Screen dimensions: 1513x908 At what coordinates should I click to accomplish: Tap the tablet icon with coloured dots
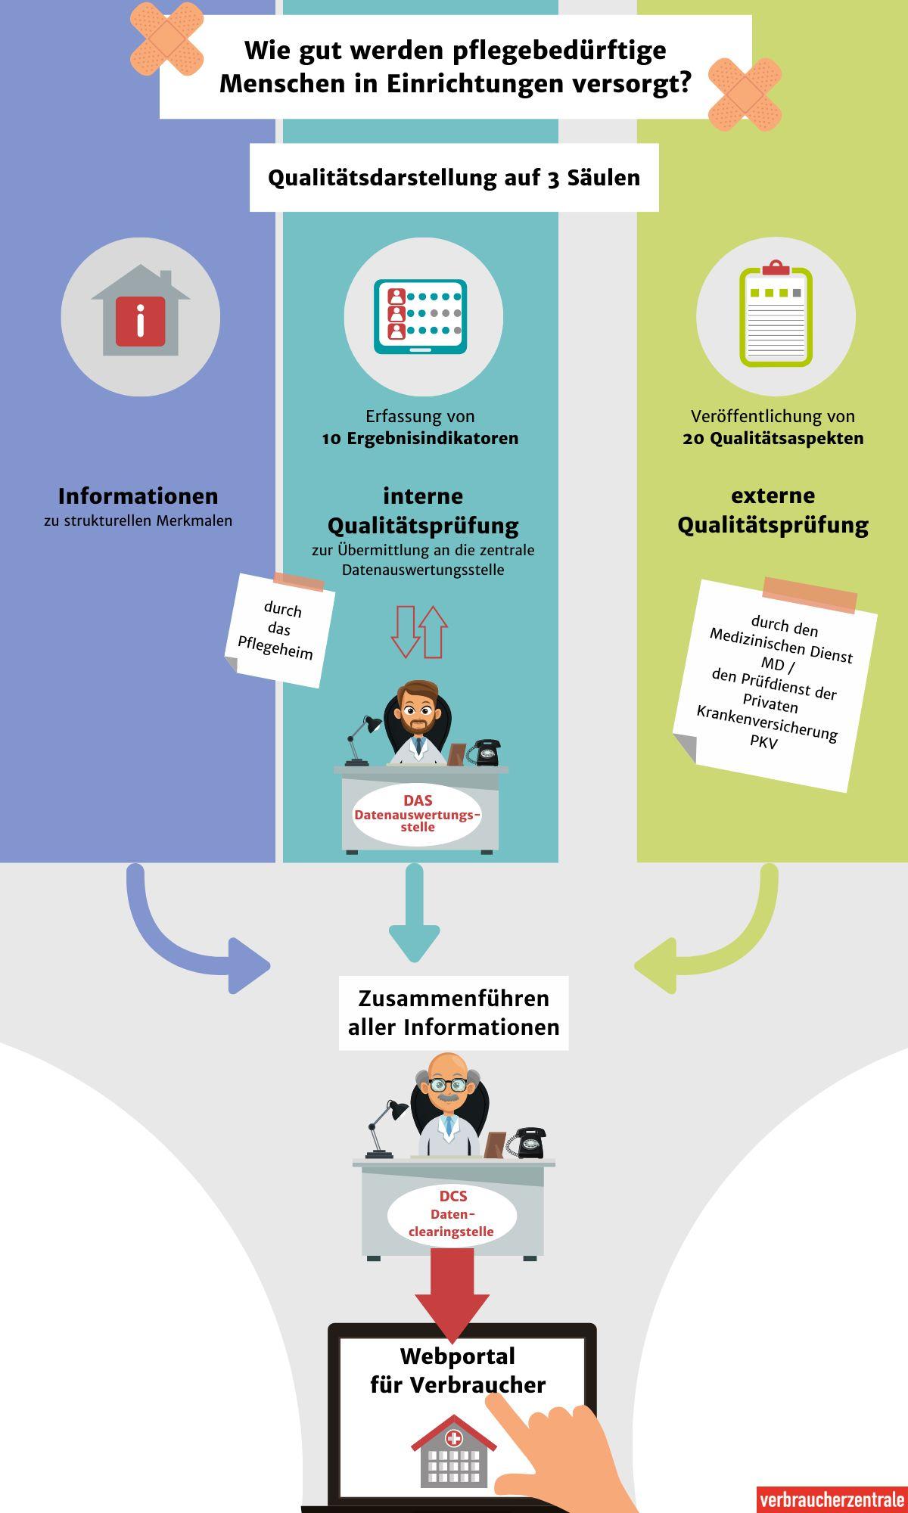click(x=421, y=316)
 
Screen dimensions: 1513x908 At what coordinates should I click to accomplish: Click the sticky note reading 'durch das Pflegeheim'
click(x=279, y=630)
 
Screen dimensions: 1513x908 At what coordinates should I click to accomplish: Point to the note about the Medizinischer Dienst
click(x=775, y=685)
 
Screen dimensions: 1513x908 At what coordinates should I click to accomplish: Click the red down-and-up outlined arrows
click(x=419, y=631)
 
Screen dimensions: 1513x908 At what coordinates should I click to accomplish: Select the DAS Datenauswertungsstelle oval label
click(x=417, y=814)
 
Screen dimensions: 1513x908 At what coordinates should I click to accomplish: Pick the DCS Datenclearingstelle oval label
click(x=452, y=1214)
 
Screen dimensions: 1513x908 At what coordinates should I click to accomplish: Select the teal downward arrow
click(x=415, y=915)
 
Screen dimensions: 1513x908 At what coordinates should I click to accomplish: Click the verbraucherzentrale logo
click(x=832, y=1499)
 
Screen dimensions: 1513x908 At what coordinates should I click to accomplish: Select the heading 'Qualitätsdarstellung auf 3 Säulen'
click(x=454, y=178)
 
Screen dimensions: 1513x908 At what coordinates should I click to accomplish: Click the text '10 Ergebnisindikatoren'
click(x=420, y=439)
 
